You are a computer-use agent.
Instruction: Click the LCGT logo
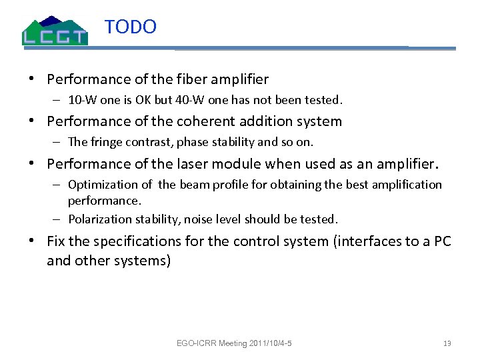click(x=55, y=30)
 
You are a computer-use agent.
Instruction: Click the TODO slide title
click(x=131, y=27)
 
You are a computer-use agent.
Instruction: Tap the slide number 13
click(x=447, y=344)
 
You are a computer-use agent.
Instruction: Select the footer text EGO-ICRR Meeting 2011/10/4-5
click(x=235, y=344)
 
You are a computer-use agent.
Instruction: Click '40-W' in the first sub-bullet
click(x=205, y=101)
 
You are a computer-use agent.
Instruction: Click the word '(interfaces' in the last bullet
click(x=366, y=241)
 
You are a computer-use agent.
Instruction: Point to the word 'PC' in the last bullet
click(x=443, y=241)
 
